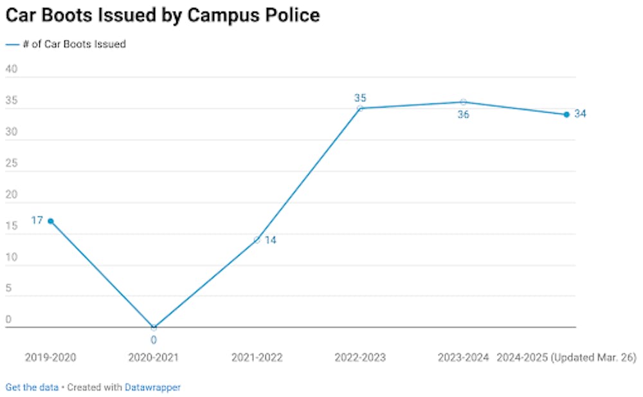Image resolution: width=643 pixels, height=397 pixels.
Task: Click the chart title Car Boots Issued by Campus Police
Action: coord(163,15)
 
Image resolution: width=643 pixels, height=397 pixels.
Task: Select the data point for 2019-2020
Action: coord(51,221)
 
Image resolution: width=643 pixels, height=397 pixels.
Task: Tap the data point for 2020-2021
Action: coord(154,327)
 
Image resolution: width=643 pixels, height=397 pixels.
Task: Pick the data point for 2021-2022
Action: coord(257,240)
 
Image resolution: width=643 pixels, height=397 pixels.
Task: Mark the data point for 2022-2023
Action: coord(360,108)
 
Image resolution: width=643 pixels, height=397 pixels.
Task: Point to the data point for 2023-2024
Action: coord(463,102)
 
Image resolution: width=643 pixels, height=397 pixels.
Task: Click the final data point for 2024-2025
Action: coord(566,115)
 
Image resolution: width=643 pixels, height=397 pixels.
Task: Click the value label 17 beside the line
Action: coord(37,221)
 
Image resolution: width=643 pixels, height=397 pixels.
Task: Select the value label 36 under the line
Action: coord(463,115)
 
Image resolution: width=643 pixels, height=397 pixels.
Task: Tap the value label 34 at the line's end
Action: coord(581,114)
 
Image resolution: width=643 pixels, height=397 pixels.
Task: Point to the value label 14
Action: coord(271,241)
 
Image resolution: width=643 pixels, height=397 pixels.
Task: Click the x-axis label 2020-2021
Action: coord(154,357)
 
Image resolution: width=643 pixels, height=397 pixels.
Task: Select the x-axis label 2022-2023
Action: coord(360,357)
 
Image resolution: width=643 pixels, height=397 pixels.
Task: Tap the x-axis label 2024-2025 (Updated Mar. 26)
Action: coord(566,357)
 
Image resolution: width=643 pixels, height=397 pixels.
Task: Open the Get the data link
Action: coord(32,387)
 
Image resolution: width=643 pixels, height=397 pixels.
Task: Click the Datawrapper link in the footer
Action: coord(152,387)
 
